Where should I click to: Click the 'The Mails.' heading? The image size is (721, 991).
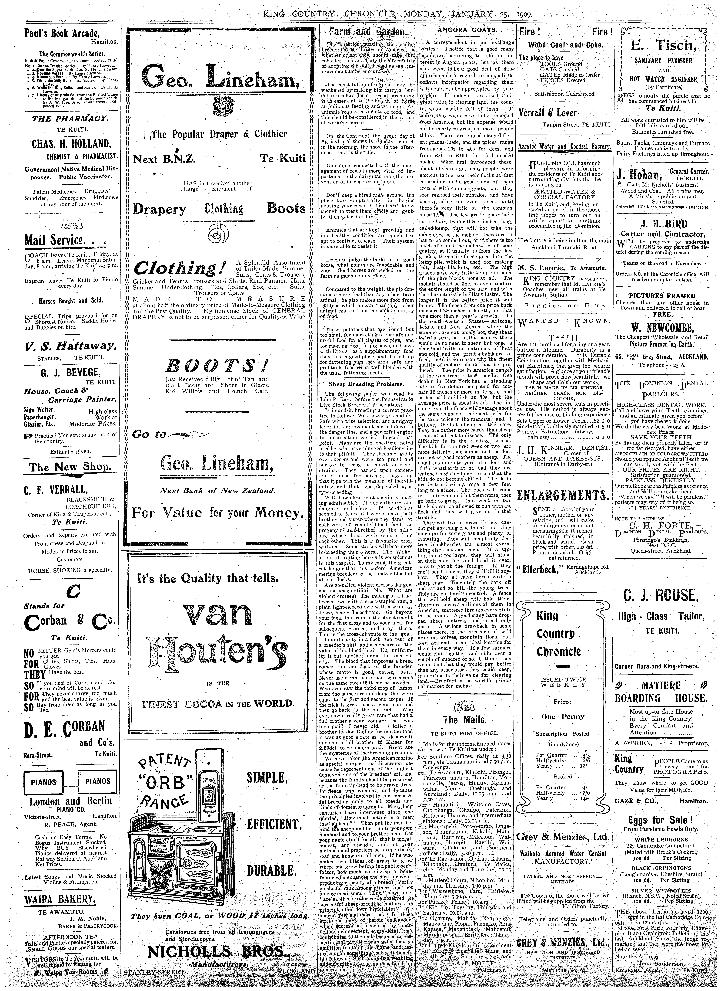(x=464, y=720)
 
